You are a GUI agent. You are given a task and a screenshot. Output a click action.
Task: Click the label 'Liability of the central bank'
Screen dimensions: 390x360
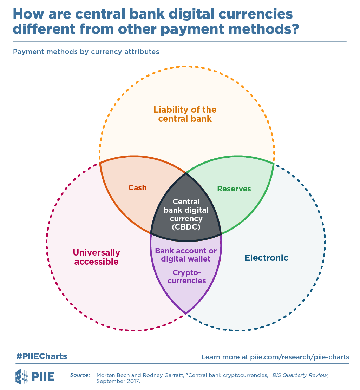click(185, 114)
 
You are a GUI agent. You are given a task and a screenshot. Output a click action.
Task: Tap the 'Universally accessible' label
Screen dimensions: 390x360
click(96, 257)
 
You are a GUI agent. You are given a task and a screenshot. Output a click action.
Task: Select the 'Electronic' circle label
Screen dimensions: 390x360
click(266, 258)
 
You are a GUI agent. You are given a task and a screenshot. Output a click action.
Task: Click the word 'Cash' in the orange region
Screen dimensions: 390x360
click(137, 187)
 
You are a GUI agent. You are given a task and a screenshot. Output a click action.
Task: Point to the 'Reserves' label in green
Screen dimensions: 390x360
click(234, 189)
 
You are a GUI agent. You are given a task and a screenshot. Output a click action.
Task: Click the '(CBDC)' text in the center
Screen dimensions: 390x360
click(186, 227)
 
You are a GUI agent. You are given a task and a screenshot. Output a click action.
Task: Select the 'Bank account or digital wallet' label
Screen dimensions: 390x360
click(186, 255)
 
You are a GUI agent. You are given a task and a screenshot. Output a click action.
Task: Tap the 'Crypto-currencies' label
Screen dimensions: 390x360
click(186, 277)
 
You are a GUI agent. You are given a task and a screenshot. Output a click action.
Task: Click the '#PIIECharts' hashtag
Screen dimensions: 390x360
click(41, 357)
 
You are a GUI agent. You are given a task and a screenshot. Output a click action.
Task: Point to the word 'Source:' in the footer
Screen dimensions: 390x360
click(80, 375)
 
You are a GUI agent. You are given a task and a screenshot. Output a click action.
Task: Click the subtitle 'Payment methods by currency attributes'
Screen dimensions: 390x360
click(86, 52)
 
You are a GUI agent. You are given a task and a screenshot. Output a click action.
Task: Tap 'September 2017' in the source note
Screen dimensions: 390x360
click(118, 381)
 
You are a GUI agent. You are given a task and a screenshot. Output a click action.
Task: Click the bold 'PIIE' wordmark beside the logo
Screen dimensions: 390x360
click(43, 376)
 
